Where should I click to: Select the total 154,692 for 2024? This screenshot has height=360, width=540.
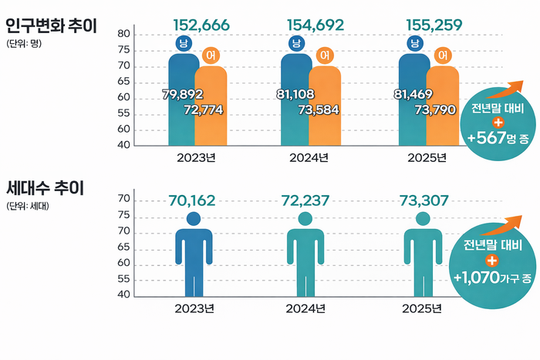[315, 25]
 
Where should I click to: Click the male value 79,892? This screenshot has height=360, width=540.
[182, 95]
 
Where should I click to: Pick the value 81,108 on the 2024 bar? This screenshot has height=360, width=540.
[295, 95]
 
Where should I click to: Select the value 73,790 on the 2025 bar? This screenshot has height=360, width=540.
[434, 110]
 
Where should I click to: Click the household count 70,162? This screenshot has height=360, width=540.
[191, 201]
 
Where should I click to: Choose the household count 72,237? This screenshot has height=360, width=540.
[305, 201]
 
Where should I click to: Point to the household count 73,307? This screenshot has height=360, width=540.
[424, 201]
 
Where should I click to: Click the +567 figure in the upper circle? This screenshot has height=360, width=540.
[488, 139]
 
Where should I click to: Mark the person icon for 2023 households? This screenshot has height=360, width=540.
[194, 254]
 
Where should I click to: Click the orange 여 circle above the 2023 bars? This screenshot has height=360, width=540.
[211, 56]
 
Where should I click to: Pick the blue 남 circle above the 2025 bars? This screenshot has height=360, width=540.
[415, 43]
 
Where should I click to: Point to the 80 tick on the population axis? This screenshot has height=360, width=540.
[123, 34]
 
